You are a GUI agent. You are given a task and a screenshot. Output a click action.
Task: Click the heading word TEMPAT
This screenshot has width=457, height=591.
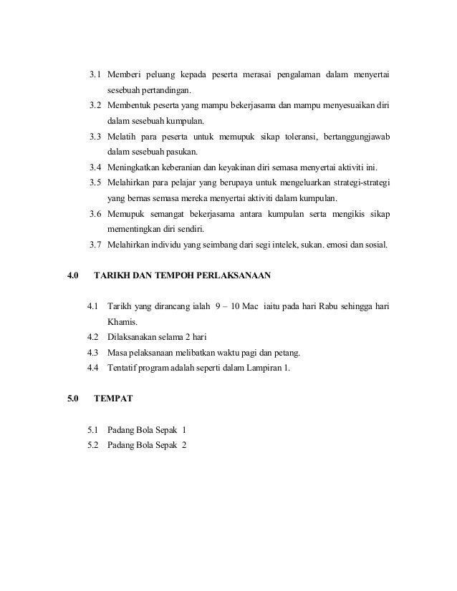tap(113, 399)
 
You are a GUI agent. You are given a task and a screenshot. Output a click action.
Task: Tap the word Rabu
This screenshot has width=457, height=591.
tap(323, 307)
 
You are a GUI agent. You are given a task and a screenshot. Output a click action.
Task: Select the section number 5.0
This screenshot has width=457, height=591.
tap(72, 399)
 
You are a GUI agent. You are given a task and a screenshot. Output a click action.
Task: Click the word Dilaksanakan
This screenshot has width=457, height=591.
tap(133, 337)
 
